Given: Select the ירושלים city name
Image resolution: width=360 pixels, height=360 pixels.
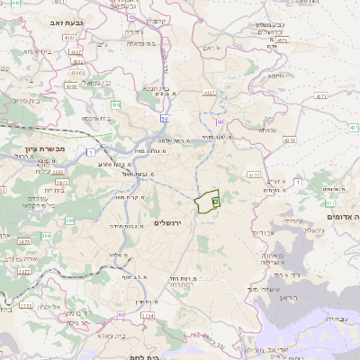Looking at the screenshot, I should coord(168,222).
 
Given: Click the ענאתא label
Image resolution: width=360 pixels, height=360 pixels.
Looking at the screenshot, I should coord(267,130).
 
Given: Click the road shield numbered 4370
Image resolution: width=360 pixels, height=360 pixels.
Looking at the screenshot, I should coord(289,140).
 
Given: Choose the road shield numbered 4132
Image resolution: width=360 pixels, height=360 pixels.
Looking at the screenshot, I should coord(255,176).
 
